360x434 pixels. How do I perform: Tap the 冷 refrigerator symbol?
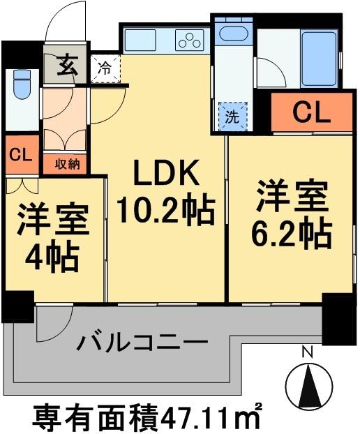(x=105, y=68)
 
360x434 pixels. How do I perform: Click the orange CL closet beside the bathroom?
(x=311, y=112)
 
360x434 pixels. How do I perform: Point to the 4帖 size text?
(x=53, y=259)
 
